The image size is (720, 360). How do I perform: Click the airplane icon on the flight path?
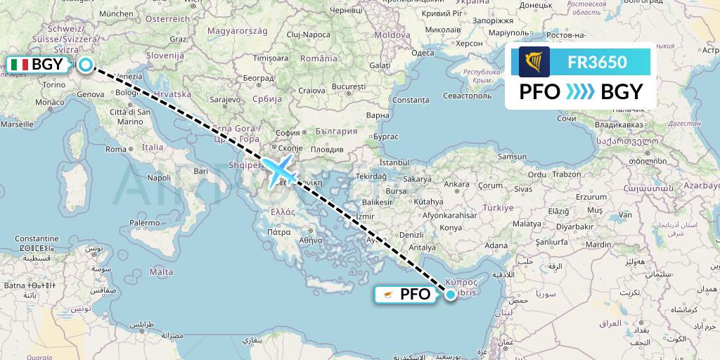tap(280, 170)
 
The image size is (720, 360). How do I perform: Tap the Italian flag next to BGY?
tap(19, 65)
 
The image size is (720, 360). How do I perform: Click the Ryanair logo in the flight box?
tap(534, 62)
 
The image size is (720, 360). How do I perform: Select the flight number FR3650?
tap(597, 63)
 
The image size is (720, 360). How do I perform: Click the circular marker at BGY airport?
tap(85, 65)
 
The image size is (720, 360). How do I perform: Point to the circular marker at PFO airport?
tap(449, 295)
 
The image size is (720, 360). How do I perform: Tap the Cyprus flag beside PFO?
tap(387, 295)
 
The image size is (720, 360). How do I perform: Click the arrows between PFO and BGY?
tap(581, 92)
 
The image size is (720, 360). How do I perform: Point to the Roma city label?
tap(115, 149)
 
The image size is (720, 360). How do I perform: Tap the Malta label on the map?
tap(161, 271)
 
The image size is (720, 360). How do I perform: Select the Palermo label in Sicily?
tap(144, 222)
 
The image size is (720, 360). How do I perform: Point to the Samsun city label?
tap(511, 156)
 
